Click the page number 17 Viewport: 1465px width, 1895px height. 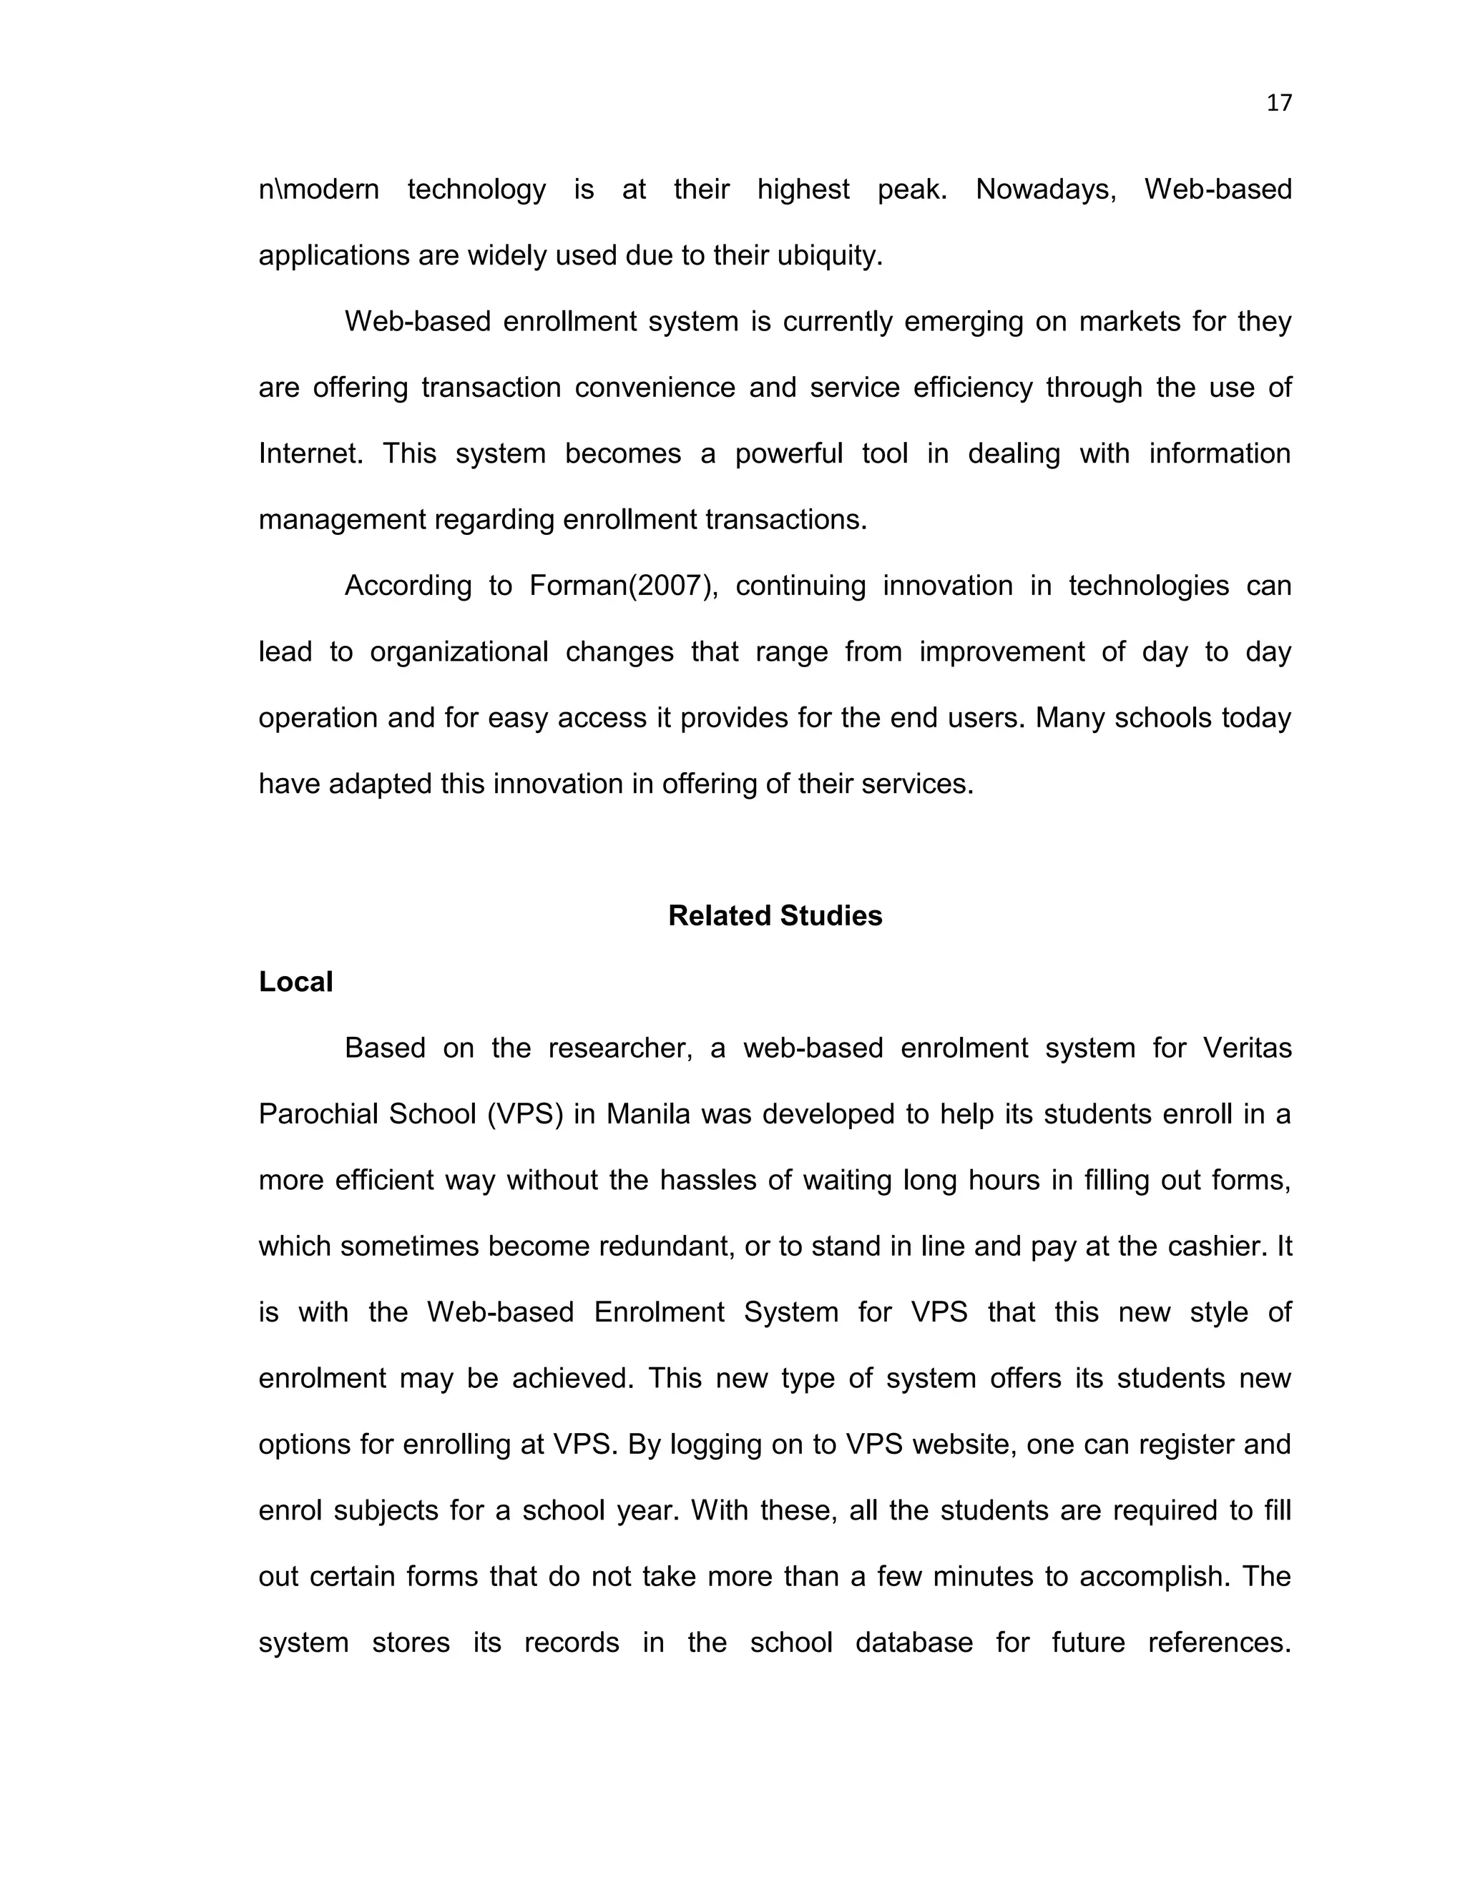point(1278,103)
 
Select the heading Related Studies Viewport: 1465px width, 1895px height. point(774,915)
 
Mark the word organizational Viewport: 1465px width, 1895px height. point(459,651)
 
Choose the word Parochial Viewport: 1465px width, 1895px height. point(318,1114)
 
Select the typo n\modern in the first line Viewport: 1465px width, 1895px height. point(318,189)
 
